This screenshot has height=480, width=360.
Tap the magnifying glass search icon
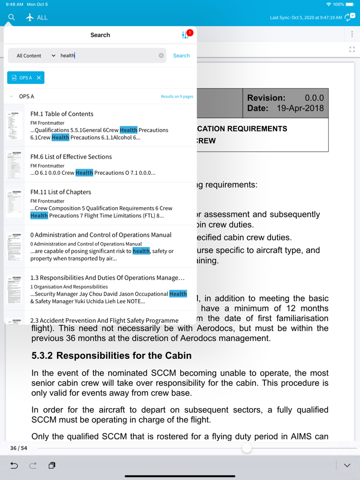coord(11,17)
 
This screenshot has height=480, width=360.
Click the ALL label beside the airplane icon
coord(42,17)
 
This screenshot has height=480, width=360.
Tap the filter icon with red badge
coord(186,35)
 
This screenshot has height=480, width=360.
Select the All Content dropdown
coord(35,56)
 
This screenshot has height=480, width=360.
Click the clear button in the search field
coord(161,56)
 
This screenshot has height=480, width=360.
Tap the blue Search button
coord(181,56)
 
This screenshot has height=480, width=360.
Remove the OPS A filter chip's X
coord(39,78)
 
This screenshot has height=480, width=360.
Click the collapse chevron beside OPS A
coord(11,97)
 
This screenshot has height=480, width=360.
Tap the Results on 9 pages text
coord(177,97)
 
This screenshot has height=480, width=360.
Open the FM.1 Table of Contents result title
coord(62,114)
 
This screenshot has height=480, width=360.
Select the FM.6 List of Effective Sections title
coord(71,157)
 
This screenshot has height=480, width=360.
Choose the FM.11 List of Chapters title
coord(61,192)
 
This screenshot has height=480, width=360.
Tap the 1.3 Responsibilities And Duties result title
coord(107,278)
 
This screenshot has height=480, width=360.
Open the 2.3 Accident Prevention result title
coord(104,321)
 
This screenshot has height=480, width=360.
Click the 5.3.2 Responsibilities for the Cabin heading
coord(112,356)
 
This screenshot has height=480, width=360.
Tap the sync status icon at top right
coord(350,17)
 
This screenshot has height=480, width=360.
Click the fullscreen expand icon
coord(352,49)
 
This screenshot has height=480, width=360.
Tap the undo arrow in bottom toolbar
coord(14,466)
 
